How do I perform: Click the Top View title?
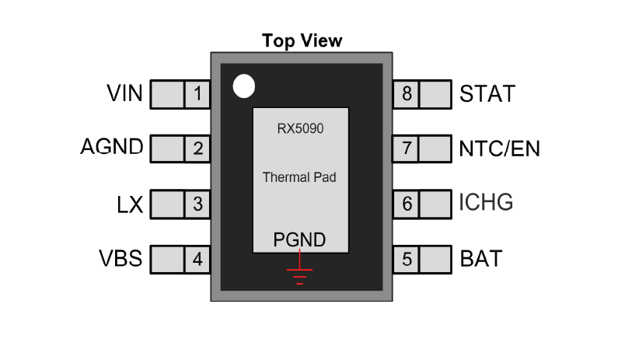(302, 41)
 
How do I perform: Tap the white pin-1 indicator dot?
(244, 86)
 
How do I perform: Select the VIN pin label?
(124, 93)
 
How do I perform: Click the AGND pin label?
(112, 146)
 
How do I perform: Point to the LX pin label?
(130, 204)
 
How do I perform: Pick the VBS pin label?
(120, 258)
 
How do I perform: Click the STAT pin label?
(487, 94)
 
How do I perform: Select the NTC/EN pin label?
(499, 149)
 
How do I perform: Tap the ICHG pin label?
(486, 202)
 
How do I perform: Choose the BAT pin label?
(481, 259)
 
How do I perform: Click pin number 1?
(197, 94)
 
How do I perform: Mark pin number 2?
(198, 149)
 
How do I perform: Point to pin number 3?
(197, 204)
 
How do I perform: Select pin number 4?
(197, 259)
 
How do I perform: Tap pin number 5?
(407, 259)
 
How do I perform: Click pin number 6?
(407, 204)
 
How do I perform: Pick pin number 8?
(407, 94)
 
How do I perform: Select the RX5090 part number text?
(300, 128)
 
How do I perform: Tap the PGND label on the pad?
(299, 239)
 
